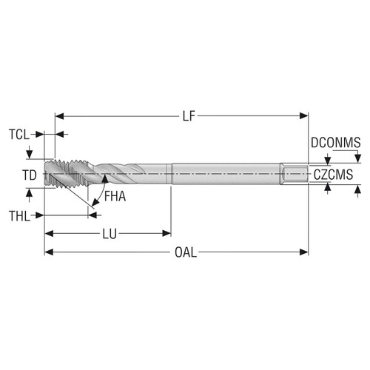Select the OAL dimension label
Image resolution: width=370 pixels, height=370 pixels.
click(186, 252)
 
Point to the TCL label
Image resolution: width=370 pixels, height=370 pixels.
click(20, 135)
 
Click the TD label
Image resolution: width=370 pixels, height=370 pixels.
click(29, 175)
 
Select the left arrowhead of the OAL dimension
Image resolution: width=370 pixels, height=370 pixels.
click(50, 252)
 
